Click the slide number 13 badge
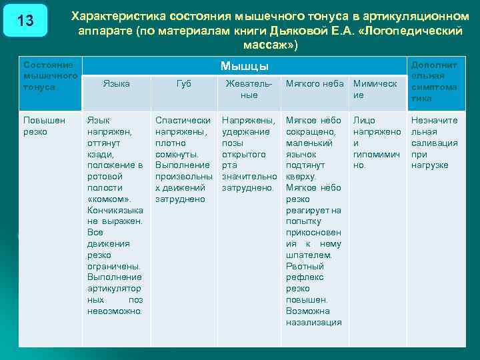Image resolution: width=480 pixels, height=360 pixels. [x=25, y=21]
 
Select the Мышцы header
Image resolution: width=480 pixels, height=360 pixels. [x=244, y=66]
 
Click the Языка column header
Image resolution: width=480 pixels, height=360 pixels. [x=117, y=83]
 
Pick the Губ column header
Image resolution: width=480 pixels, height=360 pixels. [x=183, y=83]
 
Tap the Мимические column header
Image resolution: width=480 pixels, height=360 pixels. [x=375, y=89]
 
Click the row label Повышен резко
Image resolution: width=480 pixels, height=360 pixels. [x=44, y=126]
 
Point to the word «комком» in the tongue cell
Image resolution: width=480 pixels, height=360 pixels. [x=107, y=199]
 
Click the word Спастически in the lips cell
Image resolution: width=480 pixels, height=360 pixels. [x=183, y=121]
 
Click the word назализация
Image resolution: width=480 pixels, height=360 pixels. [x=313, y=322]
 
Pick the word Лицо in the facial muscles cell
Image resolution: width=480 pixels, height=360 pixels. [x=364, y=121]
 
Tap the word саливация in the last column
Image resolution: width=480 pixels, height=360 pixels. [x=434, y=143]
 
